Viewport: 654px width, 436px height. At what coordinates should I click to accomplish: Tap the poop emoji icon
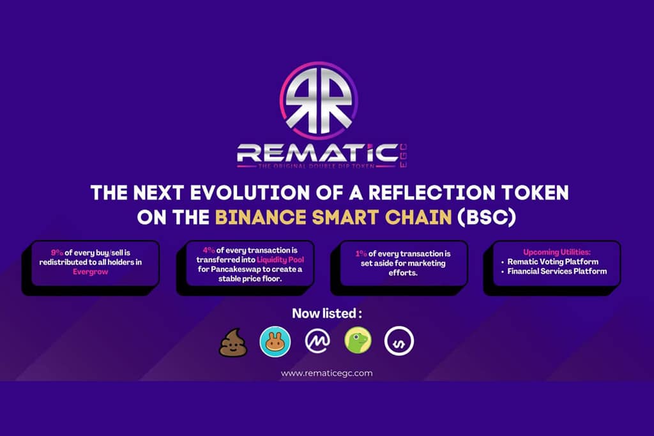(231, 342)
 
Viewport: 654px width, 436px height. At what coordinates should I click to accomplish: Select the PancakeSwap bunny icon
(275, 342)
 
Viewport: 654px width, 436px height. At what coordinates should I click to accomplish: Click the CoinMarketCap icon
(317, 342)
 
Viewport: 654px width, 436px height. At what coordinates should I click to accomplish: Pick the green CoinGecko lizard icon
(358, 342)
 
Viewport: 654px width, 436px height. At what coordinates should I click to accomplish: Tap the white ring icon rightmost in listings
(399, 342)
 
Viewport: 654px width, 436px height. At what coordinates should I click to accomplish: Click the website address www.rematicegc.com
(326, 373)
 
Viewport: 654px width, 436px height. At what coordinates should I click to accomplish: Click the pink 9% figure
(57, 252)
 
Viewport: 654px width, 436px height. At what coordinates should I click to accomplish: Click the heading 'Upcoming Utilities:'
(554, 252)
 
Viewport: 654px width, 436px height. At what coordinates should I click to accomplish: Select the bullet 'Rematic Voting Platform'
(553, 262)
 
